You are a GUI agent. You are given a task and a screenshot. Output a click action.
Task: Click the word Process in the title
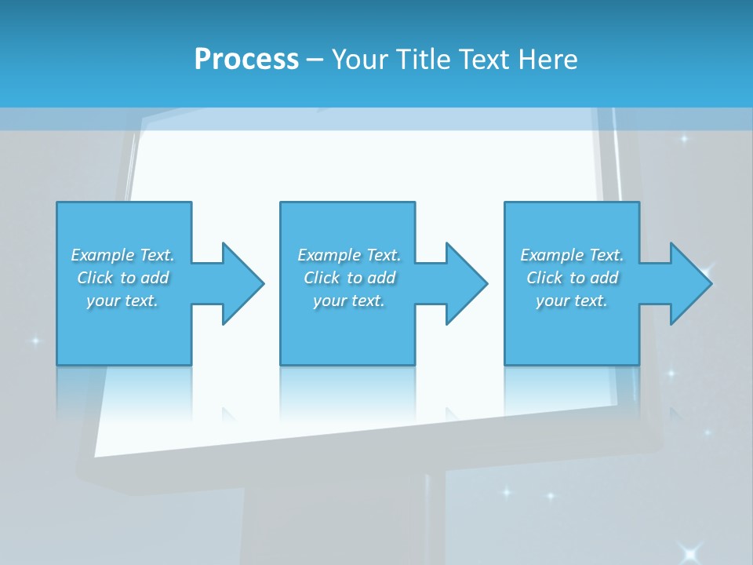click(246, 59)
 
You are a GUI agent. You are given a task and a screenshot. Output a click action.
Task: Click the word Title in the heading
click(423, 59)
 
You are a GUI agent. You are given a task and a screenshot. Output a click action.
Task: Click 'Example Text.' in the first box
click(122, 255)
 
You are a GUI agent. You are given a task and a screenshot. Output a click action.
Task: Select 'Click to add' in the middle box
click(349, 278)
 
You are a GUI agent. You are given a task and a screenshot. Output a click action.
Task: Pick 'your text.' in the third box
click(572, 301)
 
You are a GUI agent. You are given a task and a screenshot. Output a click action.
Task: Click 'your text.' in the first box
click(122, 301)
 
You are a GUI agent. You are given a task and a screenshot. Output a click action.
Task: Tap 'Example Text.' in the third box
click(572, 255)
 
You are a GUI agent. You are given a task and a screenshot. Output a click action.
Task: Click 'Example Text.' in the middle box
click(349, 255)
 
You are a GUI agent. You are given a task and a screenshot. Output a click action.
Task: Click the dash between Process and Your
click(315, 60)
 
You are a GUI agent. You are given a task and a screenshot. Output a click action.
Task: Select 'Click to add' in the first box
click(122, 278)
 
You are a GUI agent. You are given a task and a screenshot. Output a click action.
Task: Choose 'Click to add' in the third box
click(572, 278)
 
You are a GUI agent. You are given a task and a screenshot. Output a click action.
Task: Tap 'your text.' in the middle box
click(349, 301)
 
